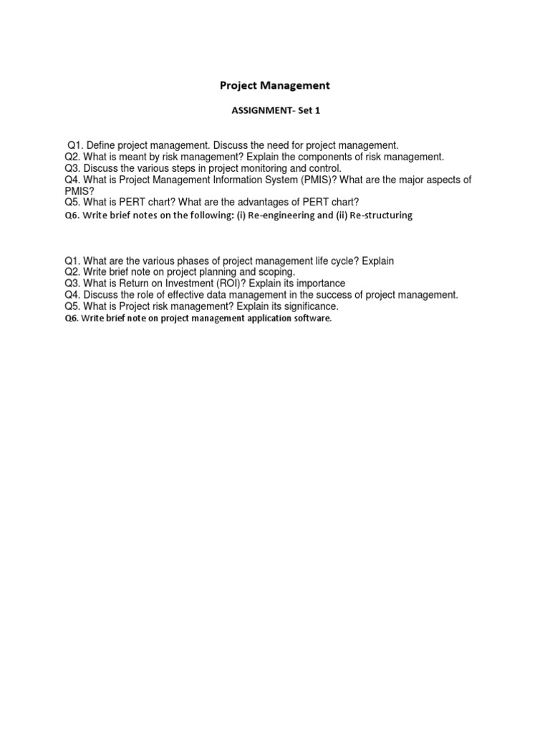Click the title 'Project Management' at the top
coord(274,85)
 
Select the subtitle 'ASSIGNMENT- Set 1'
coord(274,112)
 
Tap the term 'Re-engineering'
coord(285,215)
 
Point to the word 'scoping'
coord(276,273)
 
